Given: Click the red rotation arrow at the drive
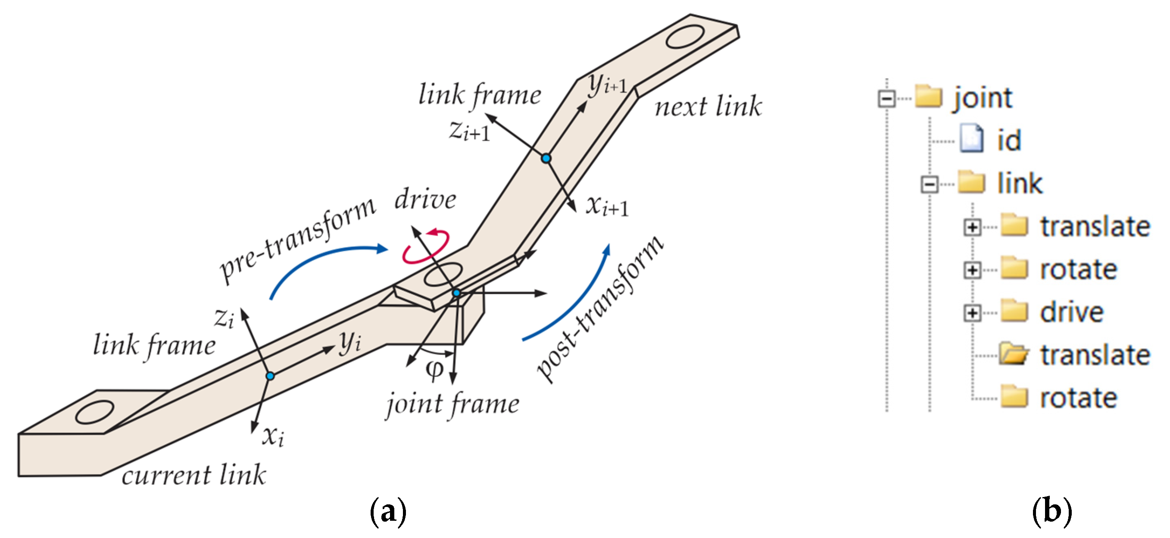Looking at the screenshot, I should pyautogui.click(x=426, y=247).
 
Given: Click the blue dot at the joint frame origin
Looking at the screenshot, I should pyautogui.click(x=456, y=294).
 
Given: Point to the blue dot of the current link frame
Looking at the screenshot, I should pyautogui.click(x=270, y=376).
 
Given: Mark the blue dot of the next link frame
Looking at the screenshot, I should pyautogui.click(x=546, y=158).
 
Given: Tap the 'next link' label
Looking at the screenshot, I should pyautogui.click(x=708, y=107).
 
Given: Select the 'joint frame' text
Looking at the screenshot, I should pyautogui.click(x=452, y=404).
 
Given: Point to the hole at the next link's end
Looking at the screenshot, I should pyautogui.click(x=685, y=37).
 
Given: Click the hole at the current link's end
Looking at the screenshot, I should pyautogui.click(x=94, y=412).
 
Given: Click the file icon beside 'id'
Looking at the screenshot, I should pyautogui.click(x=972, y=139).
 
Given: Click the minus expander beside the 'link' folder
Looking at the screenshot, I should pyautogui.click(x=929, y=185).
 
